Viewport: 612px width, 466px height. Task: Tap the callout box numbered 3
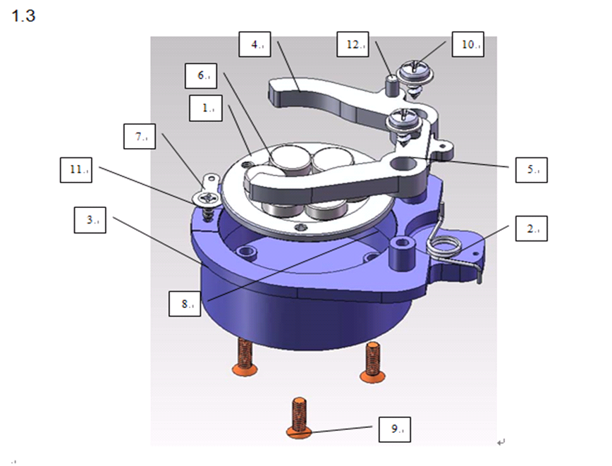[92, 221]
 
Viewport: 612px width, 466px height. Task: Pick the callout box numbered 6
[202, 74]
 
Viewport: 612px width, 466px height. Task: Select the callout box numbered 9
[395, 429]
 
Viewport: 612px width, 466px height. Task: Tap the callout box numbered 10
[467, 44]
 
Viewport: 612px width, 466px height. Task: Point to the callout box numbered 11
[79, 171]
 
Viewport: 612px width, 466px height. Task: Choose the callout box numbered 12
[353, 44]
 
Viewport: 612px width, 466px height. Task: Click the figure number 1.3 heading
[23, 16]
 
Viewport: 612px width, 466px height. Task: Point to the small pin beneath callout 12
[391, 84]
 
